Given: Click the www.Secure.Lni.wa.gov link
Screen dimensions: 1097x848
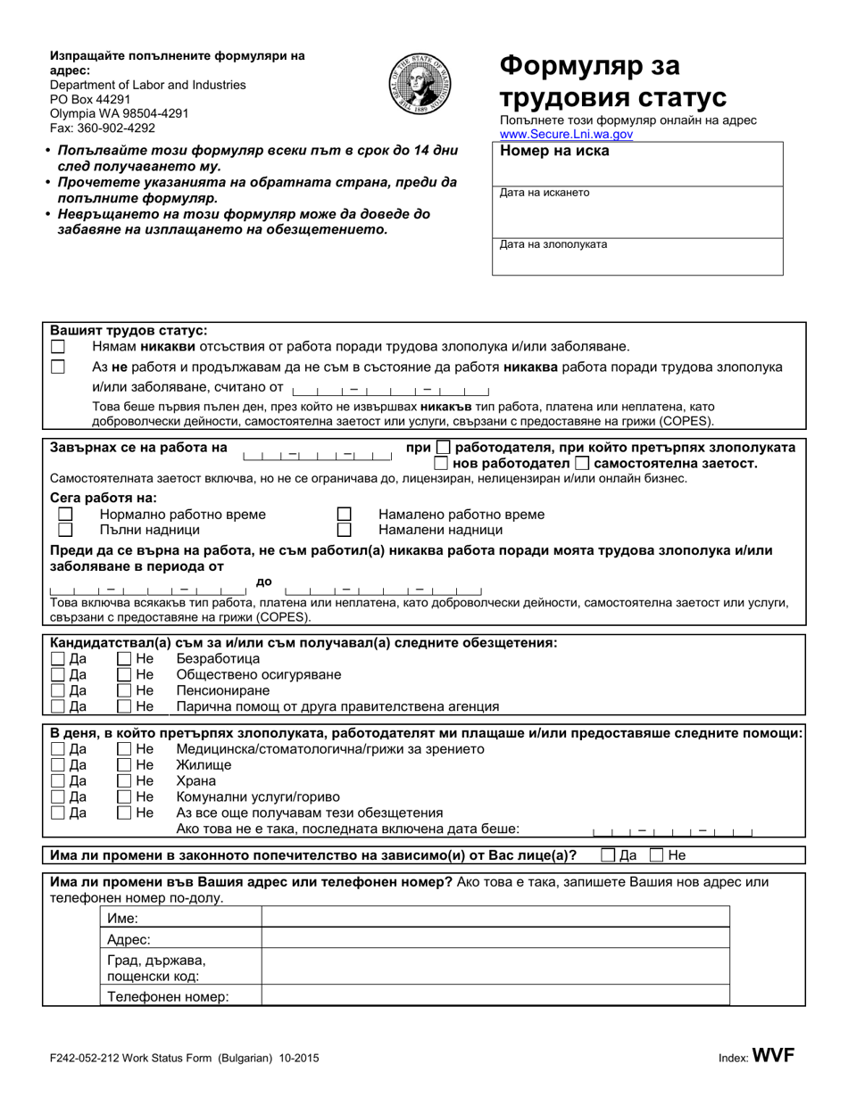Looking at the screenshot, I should pyautogui.click(x=566, y=134).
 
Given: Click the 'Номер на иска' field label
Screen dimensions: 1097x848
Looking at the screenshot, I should pyautogui.click(x=554, y=152).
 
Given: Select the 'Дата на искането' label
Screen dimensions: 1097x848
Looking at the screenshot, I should pyautogui.click(x=545, y=193).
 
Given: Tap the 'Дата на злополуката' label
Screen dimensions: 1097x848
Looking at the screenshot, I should pyautogui.click(x=553, y=244).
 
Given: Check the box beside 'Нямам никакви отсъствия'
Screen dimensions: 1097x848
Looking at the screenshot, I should pyautogui.click(x=58, y=346).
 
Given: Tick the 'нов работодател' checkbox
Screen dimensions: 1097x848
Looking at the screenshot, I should pyautogui.click(x=441, y=463).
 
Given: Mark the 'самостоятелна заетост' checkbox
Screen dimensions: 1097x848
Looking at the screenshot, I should pyautogui.click(x=582, y=463).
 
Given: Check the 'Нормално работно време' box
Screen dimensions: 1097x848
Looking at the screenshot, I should pyautogui.click(x=65, y=515).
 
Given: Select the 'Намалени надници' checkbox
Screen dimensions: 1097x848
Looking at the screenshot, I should pyautogui.click(x=344, y=530).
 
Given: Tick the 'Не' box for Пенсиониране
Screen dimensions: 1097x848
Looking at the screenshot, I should pyautogui.click(x=125, y=691).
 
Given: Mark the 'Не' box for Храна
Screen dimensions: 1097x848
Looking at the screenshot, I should pyautogui.click(x=125, y=781).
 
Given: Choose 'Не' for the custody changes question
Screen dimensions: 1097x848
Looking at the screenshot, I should pyautogui.click(x=657, y=855).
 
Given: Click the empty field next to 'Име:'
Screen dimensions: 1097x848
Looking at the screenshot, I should pyautogui.click(x=495, y=919).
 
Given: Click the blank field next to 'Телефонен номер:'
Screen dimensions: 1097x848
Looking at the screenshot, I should pyautogui.click(x=495, y=997).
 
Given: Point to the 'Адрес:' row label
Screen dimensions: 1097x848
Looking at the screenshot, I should pyautogui.click(x=129, y=940).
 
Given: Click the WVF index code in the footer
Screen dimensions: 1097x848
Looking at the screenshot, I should pyautogui.click(x=773, y=1056).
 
